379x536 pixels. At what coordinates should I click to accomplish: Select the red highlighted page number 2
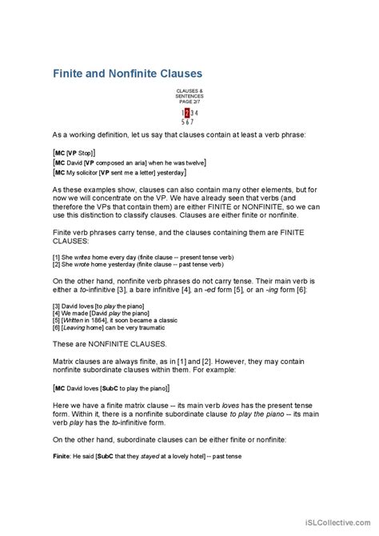tap(187, 113)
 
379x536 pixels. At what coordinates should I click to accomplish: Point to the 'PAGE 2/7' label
tap(189, 102)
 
